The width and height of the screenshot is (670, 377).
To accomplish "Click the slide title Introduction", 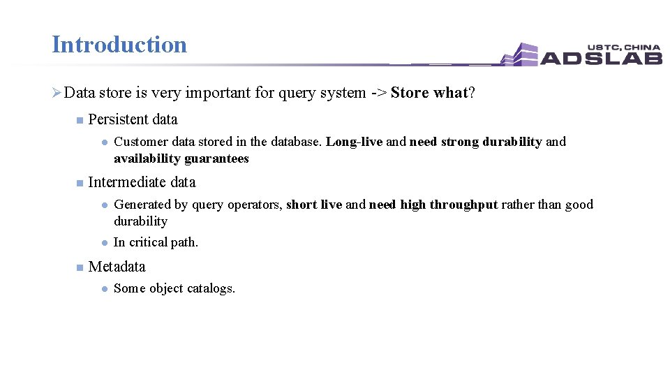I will [x=119, y=45].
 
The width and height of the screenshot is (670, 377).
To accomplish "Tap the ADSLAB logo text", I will [x=601, y=57].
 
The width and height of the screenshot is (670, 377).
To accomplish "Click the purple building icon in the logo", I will [x=520, y=54].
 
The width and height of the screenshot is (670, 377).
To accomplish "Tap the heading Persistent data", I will [x=133, y=119].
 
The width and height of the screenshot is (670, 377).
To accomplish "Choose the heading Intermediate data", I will [x=142, y=182].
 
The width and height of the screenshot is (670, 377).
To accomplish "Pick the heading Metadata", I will [x=117, y=267].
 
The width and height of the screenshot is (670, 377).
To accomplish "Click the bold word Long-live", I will [x=354, y=142].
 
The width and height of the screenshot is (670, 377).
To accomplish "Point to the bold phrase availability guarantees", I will [x=181, y=158].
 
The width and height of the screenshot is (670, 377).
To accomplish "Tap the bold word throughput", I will [x=463, y=205].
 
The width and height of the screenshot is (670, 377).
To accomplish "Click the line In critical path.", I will [x=156, y=242].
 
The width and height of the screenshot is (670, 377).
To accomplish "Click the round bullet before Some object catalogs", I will [x=103, y=288].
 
